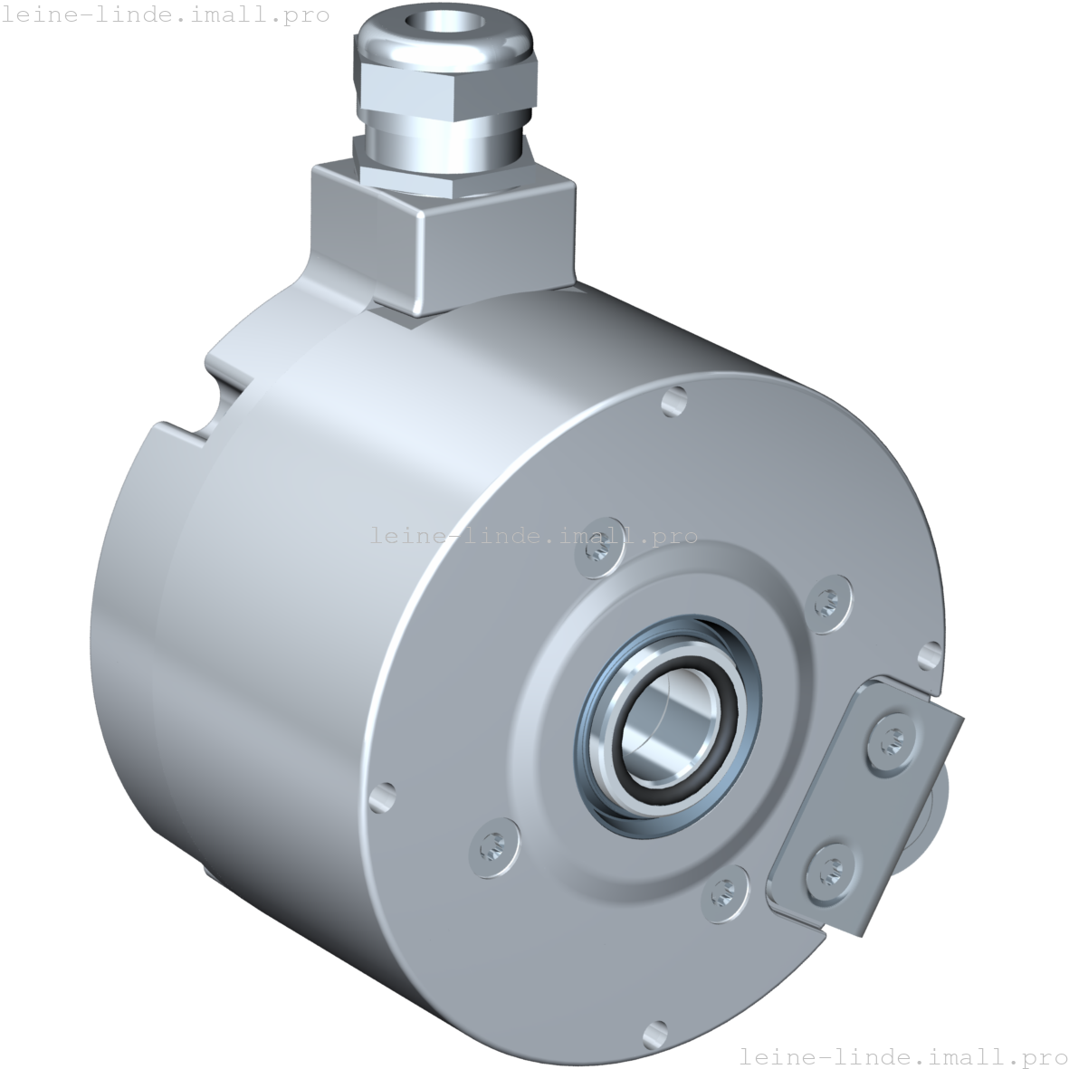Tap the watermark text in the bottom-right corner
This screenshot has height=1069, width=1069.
coord(903,1056)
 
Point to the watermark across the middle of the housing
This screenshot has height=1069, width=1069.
coord(534,536)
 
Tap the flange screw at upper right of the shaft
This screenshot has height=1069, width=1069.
coord(827,598)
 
